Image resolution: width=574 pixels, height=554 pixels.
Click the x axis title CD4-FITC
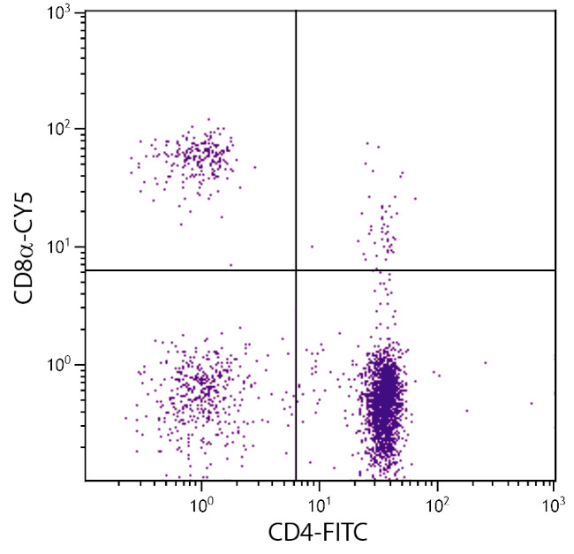319,532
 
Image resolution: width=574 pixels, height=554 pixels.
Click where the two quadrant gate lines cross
295,270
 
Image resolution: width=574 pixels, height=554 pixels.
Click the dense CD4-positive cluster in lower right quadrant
384,402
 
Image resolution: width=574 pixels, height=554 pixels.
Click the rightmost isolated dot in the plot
532,403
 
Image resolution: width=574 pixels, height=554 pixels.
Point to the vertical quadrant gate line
295,133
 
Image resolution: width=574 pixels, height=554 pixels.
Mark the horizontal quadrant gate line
442,270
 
